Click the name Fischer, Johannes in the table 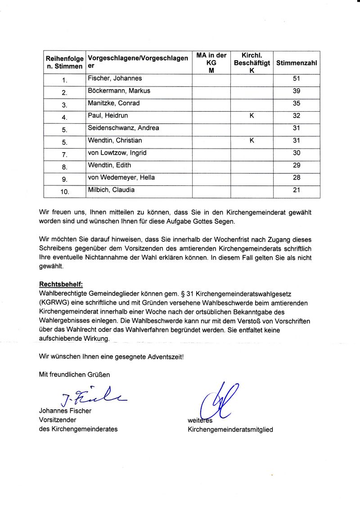coord(115,79)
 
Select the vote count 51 coord(296,79)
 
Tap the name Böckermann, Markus coord(119,91)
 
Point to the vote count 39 coord(296,91)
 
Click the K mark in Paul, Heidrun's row coord(252,116)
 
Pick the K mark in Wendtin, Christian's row coord(252,141)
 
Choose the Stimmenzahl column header coord(296,63)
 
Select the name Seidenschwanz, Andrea coord(123,128)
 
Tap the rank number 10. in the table coord(65,192)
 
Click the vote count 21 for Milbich coord(296,190)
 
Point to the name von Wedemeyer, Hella coord(121,178)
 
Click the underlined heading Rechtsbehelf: coord(61,284)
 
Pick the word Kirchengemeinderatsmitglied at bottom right coord(230,429)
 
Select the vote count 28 coord(296,178)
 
